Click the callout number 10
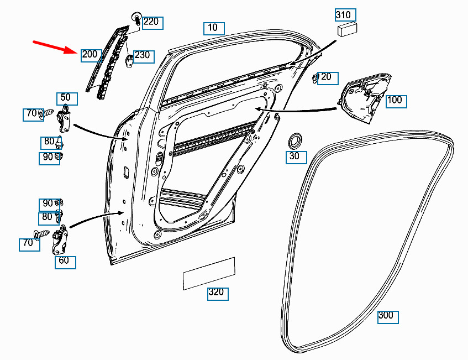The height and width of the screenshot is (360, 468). pos(214,28)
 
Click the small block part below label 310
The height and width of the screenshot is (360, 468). pos(347,29)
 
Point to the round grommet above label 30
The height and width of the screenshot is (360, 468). pos(295,141)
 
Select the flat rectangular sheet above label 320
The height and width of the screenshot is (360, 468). pos(209,273)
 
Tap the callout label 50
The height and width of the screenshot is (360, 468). pos(67,99)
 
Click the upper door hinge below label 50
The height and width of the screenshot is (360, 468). pos(64,118)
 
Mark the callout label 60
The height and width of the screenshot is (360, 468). pos(65,262)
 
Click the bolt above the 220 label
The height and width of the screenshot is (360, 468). pos(137,19)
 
